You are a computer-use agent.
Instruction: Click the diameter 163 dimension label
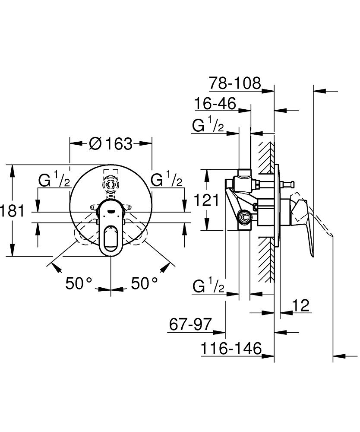111,143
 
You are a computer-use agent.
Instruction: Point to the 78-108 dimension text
235,83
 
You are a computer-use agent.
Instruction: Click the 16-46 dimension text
215,104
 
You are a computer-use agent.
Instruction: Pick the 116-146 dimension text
231,348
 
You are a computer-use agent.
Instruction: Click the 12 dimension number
301,305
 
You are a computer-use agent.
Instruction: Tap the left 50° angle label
79,283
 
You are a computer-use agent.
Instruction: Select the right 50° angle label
144,283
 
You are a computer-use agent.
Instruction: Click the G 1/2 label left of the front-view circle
54,181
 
